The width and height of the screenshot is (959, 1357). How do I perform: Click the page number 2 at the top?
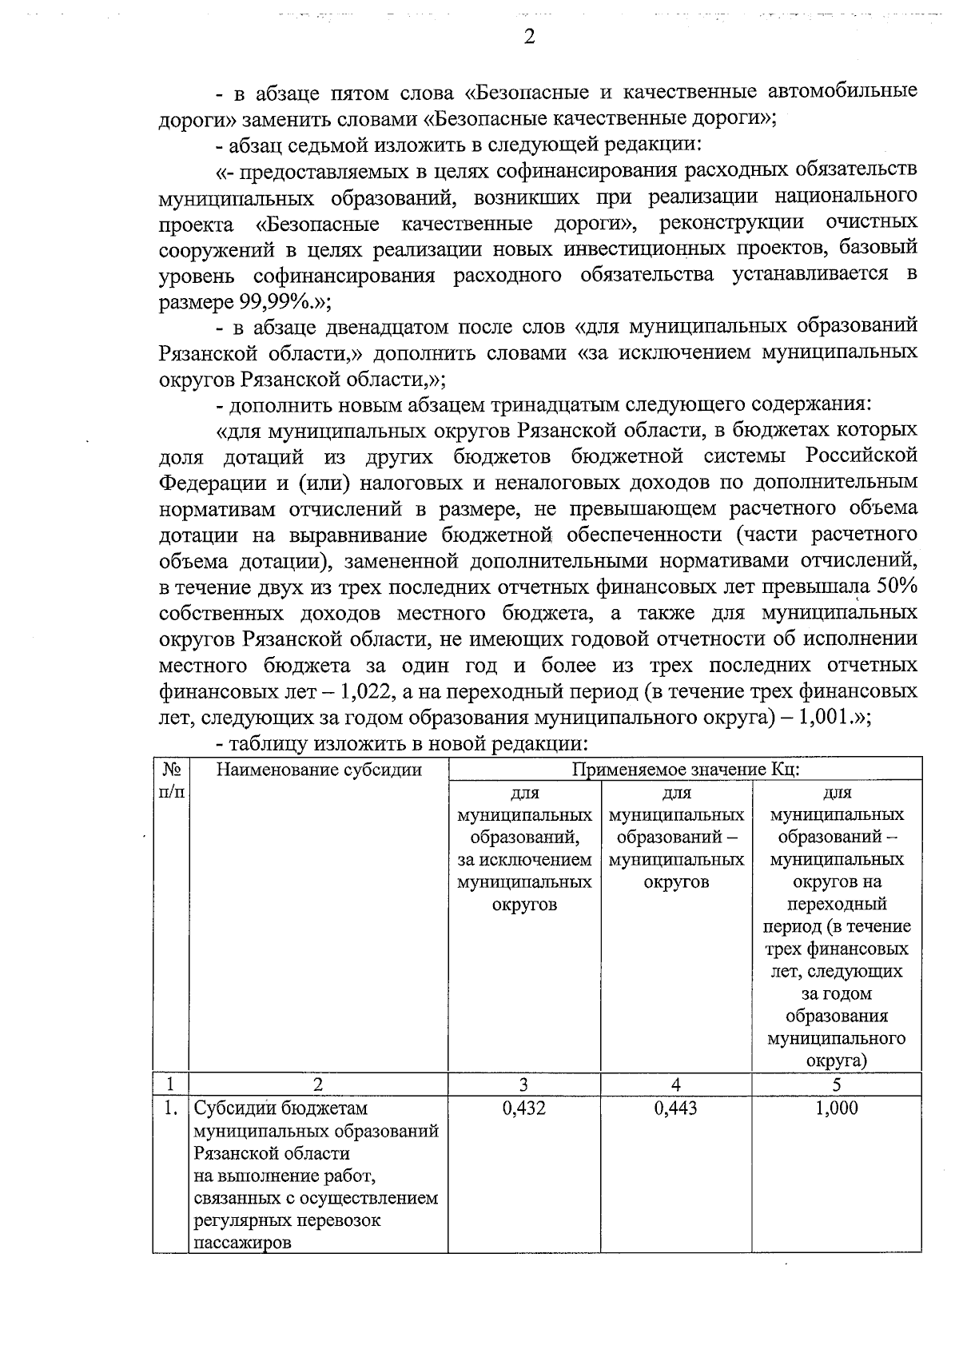528,38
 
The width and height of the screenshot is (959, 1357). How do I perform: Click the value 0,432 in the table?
524,1108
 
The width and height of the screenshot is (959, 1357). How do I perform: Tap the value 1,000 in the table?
836,1108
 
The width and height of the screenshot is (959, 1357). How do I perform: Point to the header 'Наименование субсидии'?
319,770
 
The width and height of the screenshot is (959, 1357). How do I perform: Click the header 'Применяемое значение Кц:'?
686,770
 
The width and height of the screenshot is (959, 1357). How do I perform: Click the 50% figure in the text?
897,587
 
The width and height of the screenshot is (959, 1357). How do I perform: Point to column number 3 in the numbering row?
523,1084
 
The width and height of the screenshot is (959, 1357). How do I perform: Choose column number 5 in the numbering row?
836,1084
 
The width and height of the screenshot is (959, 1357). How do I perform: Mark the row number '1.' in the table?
169,1108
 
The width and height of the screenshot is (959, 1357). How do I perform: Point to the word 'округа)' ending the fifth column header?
836,1061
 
